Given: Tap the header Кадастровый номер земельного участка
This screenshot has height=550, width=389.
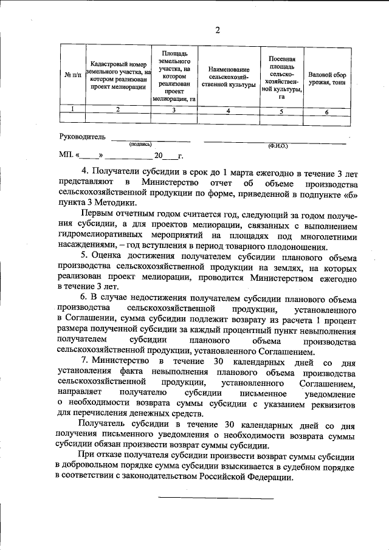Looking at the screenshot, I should [119, 75].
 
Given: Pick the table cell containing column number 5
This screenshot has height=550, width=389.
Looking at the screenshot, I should [281, 111].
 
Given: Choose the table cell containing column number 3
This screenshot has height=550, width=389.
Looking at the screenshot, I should [174, 110].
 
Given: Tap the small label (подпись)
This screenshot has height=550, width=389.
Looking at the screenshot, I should [140, 145].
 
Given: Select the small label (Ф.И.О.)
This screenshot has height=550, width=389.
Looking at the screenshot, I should [277, 146].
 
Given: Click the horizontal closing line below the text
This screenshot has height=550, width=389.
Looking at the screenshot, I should [216, 498].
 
